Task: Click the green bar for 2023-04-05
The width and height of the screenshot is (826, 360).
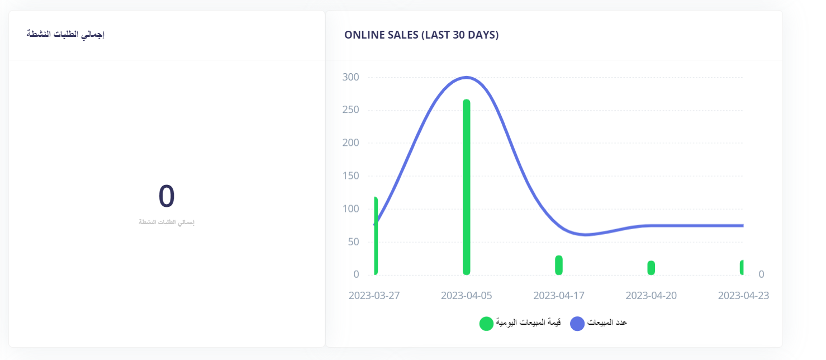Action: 466,187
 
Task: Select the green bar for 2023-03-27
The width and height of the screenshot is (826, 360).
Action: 376,236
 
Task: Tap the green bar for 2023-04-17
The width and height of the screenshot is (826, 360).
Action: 558,265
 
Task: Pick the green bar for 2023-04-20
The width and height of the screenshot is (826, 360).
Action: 651,268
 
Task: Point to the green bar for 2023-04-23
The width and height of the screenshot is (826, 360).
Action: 742,267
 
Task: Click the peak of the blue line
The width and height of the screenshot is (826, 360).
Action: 466,77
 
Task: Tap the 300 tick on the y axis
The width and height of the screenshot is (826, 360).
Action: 350,77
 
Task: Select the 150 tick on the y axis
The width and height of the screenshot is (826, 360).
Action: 350,176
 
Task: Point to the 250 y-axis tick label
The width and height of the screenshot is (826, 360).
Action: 350,110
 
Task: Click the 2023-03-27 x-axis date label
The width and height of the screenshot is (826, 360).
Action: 374,295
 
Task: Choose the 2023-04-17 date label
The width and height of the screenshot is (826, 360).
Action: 559,295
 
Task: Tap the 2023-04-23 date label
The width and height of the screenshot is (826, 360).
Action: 743,295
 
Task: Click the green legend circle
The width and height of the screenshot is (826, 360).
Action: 486,323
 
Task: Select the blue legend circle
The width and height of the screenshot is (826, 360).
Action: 577,323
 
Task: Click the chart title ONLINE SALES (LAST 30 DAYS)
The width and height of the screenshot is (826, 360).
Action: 421,35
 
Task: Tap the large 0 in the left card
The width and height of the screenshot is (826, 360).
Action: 167,196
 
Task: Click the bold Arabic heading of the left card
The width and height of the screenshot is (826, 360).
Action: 66,35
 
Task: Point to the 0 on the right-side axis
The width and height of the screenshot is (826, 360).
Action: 761,274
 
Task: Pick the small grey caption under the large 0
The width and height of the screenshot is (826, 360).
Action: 167,222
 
